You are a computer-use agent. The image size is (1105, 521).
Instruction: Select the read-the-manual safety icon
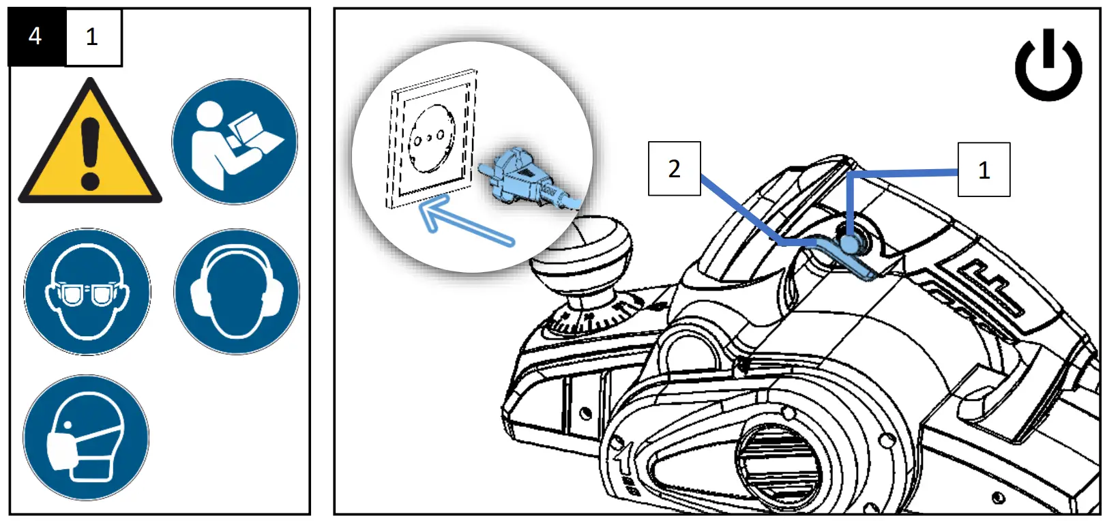coord(234,141)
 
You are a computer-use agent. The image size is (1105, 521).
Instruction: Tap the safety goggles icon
coord(87,291)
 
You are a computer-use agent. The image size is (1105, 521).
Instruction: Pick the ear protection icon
coord(236,291)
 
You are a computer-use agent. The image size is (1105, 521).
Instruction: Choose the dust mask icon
coord(86,437)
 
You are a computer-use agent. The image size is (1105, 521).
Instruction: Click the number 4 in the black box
coord(35,36)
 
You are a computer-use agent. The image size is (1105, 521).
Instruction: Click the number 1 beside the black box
coord(93,37)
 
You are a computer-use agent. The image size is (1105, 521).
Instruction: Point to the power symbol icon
coord(1048,65)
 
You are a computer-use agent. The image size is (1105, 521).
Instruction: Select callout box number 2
coord(674,168)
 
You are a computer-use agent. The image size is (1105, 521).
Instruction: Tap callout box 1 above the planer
coord(984,170)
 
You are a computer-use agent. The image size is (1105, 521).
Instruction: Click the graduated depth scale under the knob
coord(593,314)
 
